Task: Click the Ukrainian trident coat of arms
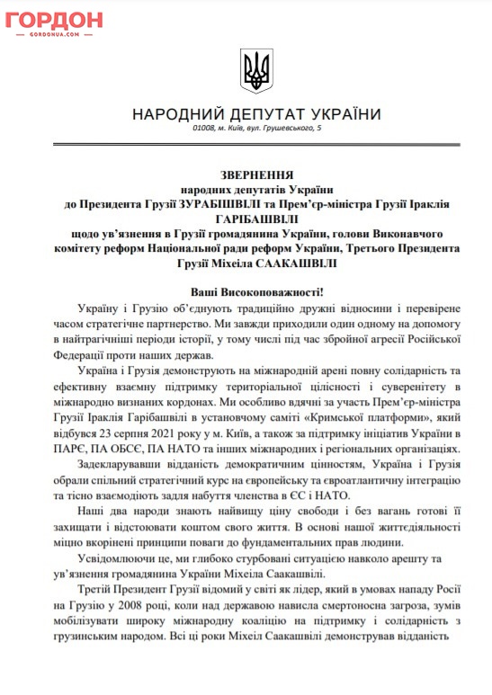click(x=255, y=67)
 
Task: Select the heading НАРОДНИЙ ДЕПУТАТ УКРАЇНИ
click(x=255, y=115)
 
